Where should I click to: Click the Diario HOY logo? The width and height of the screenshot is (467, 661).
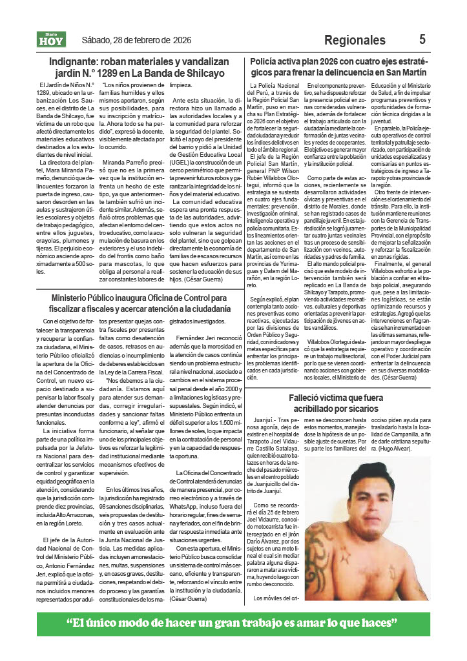click(51, 40)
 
